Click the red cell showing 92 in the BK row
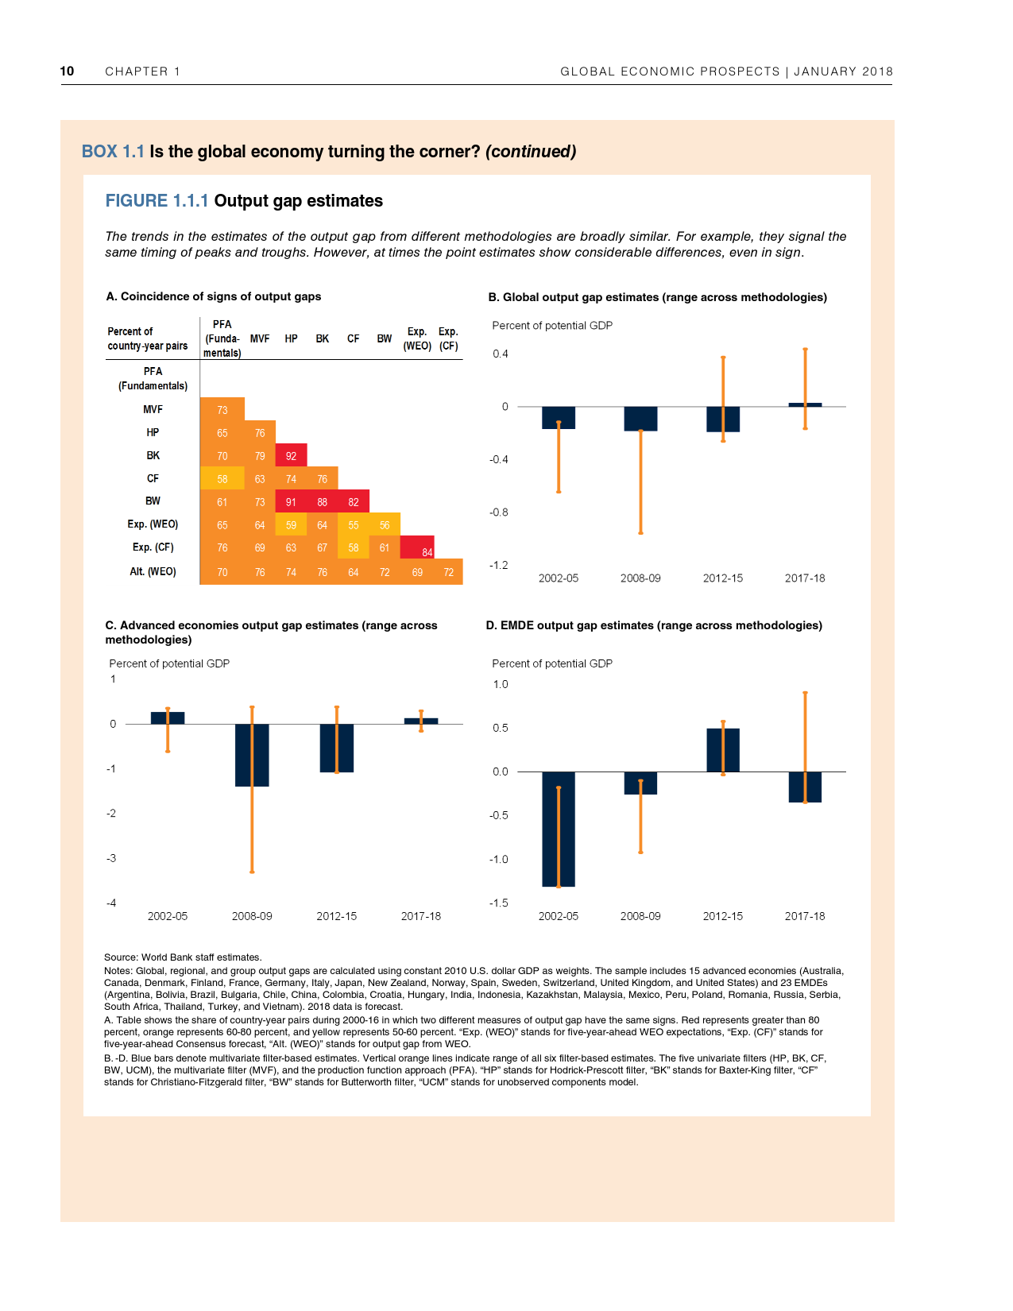[291, 455]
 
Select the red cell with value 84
[417, 547]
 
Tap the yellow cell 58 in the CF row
[222, 478]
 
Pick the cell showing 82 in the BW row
[354, 501]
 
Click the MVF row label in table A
[153, 409]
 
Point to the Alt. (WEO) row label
[153, 571]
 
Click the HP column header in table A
[291, 338]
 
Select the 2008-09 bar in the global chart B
[640, 419]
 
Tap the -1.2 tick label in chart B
[499, 565]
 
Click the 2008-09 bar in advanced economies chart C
[252, 755]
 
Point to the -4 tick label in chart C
[111, 903]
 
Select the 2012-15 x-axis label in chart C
[336, 916]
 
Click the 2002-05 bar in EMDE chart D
[559, 829]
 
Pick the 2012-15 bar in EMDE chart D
[723, 750]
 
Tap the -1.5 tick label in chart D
[498, 903]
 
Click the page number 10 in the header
[67, 71]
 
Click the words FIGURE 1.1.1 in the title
[157, 201]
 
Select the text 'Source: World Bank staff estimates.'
[183, 957]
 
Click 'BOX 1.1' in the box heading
[113, 152]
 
